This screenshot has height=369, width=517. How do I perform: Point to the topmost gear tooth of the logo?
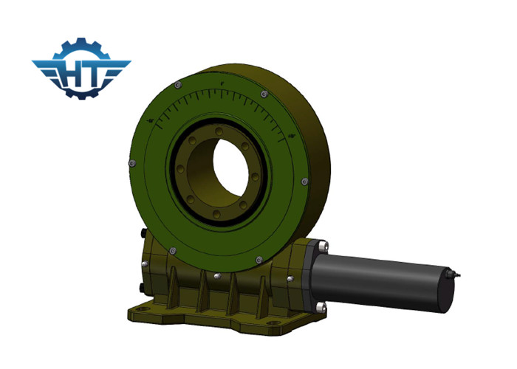(81, 42)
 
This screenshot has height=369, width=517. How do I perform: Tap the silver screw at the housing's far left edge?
(131, 162)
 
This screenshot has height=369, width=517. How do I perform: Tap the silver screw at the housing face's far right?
(305, 181)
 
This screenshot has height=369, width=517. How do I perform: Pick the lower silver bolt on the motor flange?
(318, 306)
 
